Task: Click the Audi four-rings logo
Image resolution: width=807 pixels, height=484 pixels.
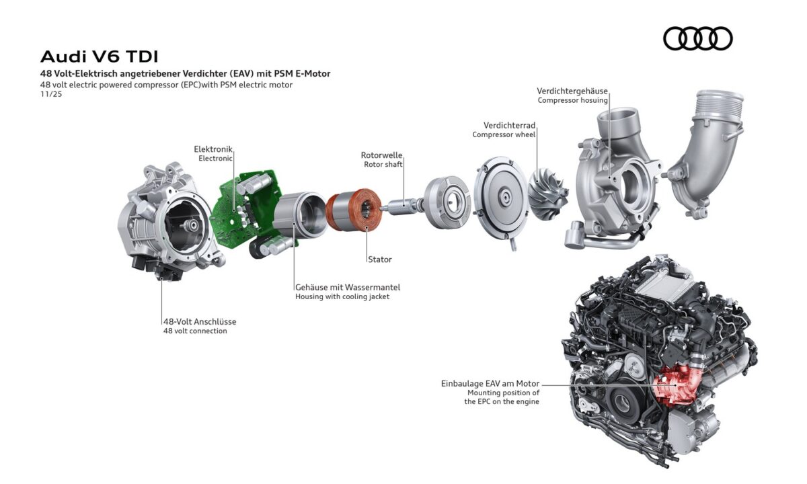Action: pos(697,38)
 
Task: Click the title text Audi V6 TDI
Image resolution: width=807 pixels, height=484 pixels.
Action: pos(100,55)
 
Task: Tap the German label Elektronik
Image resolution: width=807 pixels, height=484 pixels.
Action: pos(213,149)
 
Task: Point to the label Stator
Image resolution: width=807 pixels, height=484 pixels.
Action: pos(379,259)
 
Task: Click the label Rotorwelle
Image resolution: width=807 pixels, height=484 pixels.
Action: pos(381,155)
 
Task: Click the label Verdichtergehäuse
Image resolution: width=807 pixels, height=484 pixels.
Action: pos(572,91)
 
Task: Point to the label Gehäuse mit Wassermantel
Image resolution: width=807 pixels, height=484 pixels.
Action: pos(347,287)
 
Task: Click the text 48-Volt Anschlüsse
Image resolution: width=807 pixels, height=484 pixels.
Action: pos(199,321)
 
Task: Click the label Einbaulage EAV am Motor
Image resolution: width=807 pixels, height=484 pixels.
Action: pos(490,383)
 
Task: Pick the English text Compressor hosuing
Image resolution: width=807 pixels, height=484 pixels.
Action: pos(572,100)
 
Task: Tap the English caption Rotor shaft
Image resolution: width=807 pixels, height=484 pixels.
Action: pos(383,164)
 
